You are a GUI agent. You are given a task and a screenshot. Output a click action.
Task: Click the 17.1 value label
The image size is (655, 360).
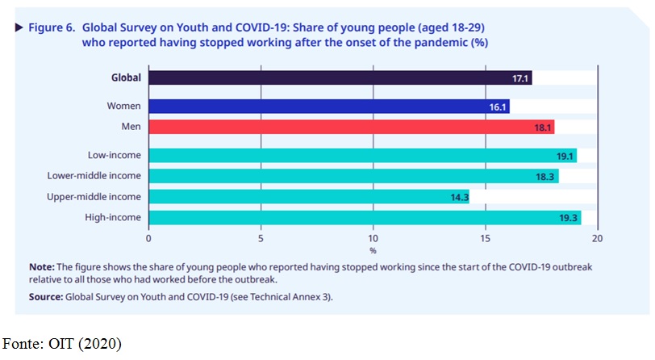click(520, 78)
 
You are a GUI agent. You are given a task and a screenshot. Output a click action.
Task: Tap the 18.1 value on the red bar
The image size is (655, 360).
click(543, 127)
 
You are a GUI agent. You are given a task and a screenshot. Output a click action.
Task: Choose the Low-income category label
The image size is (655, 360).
click(114, 155)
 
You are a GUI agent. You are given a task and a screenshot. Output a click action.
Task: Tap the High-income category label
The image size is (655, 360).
click(113, 217)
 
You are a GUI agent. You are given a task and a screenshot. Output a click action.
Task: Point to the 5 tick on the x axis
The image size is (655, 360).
click(261, 239)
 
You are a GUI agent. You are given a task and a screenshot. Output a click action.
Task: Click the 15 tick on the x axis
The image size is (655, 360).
click(485, 239)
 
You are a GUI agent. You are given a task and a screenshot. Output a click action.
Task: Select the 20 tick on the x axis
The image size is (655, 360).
click(597, 239)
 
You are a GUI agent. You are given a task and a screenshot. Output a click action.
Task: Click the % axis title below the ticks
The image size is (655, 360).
click(373, 251)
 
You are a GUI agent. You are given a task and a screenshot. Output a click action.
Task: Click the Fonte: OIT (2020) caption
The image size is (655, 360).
click(62, 345)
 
